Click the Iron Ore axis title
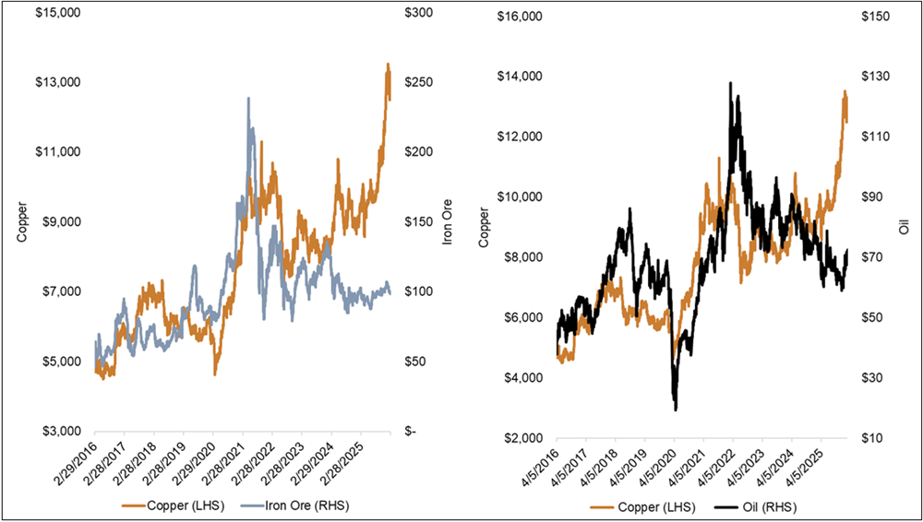[x=447, y=221]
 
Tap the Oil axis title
[x=905, y=227]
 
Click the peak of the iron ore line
[x=247, y=98]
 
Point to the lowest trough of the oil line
[x=676, y=409]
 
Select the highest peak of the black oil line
[x=731, y=83]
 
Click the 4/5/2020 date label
[x=655, y=465]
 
